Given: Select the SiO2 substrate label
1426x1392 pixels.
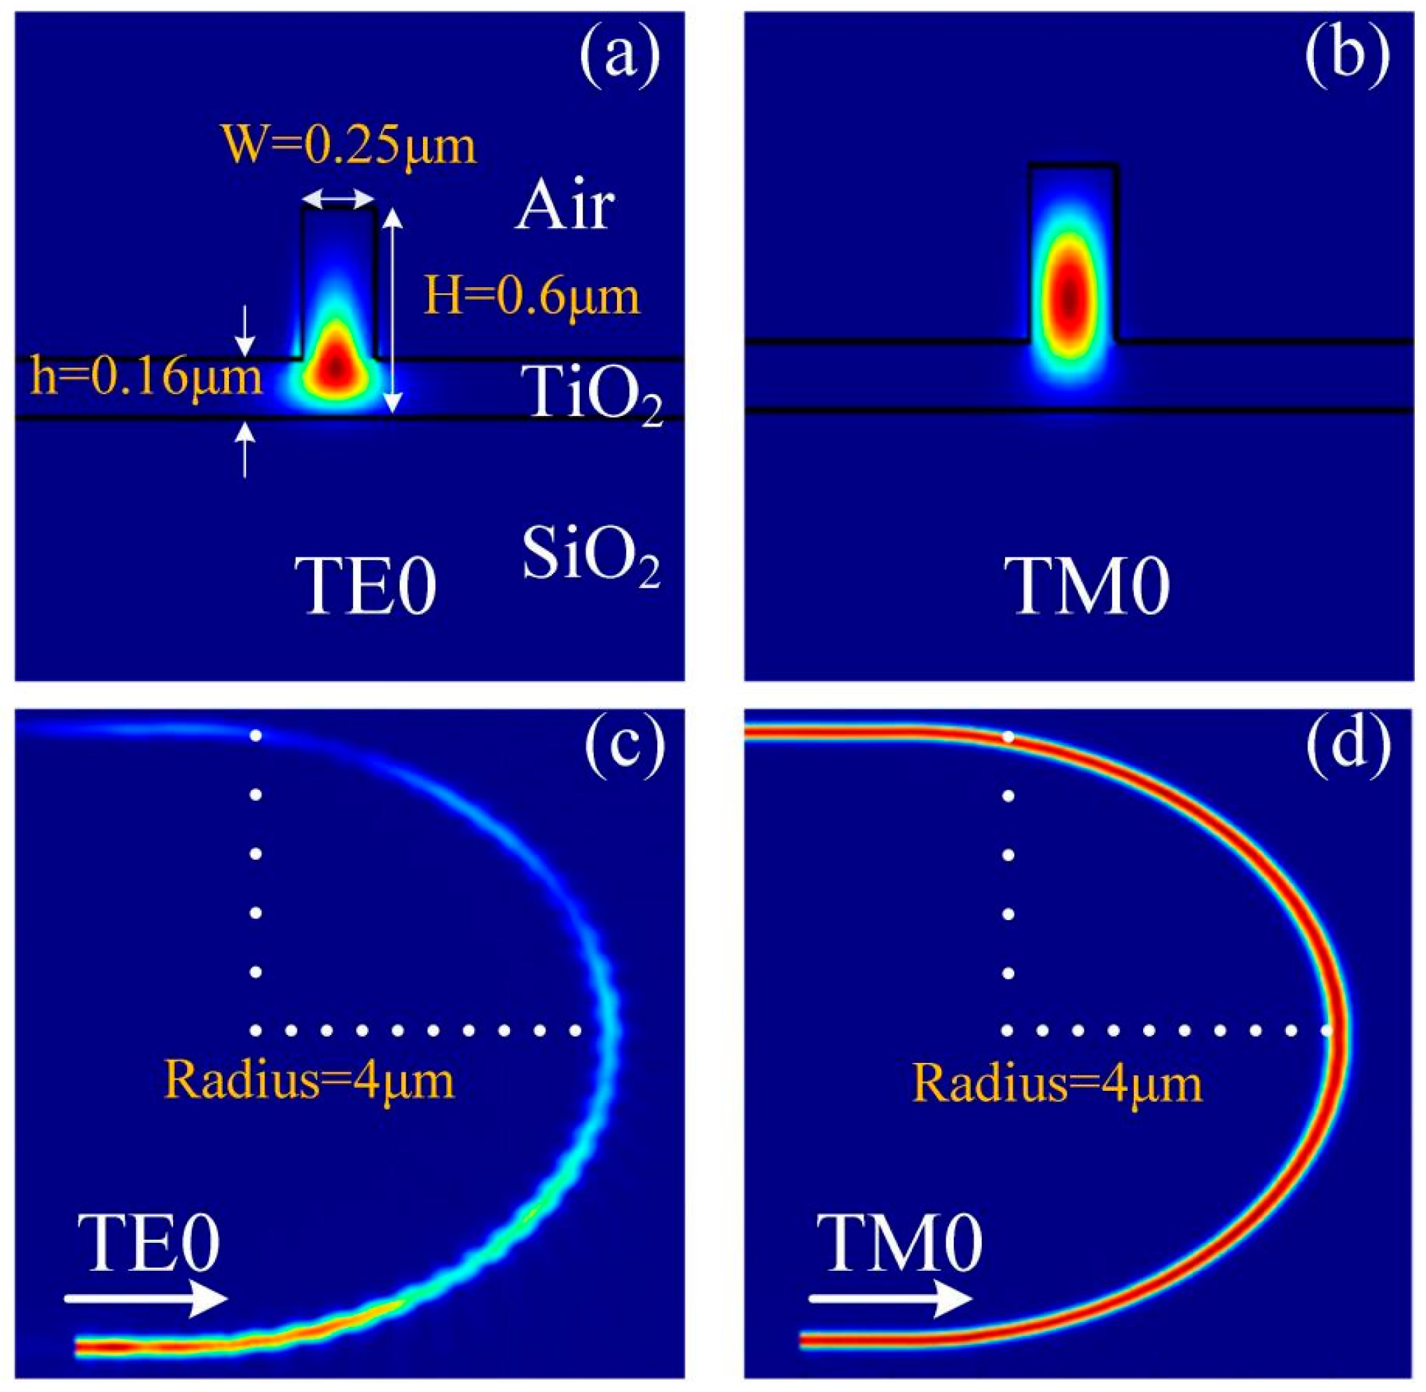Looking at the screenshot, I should [x=591, y=557].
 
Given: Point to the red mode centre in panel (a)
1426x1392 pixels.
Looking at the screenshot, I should [x=336, y=366].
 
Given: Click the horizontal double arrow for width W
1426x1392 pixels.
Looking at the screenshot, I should [x=338, y=198].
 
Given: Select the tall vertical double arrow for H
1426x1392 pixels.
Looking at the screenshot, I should [x=394, y=310].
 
